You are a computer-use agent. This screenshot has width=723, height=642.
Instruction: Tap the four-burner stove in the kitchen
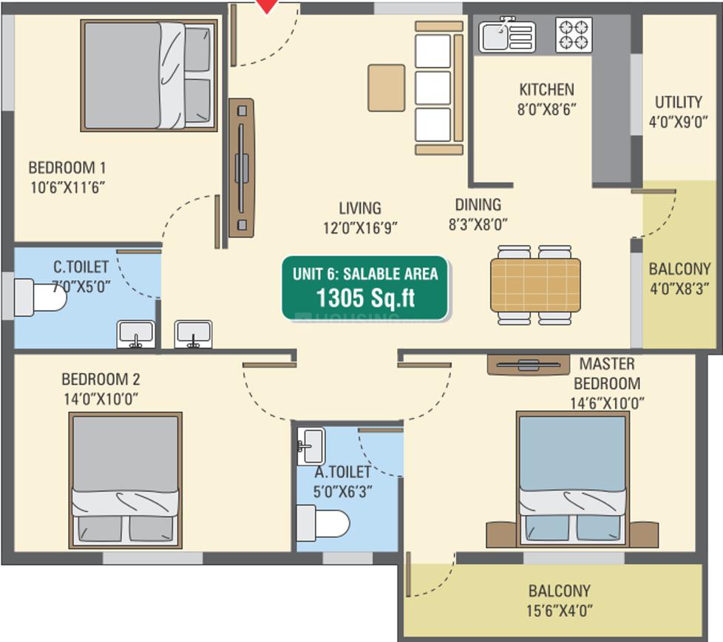pos(574,35)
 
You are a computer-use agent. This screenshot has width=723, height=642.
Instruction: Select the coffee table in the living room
pos(387,88)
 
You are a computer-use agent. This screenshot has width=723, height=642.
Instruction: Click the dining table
pos(535,285)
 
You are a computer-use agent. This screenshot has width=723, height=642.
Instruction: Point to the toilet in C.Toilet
pos(41,297)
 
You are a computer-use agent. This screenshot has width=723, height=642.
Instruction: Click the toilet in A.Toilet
pos(323,523)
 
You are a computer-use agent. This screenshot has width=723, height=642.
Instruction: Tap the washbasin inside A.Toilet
pos(310,445)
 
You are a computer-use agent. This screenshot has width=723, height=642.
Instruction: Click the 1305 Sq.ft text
pos(365,298)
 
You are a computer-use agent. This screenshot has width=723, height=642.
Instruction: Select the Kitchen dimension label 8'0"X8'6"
pos(546,109)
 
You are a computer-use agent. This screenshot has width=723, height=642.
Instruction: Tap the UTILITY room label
pos(678,102)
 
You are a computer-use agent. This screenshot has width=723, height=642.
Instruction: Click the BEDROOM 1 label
pos(67,167)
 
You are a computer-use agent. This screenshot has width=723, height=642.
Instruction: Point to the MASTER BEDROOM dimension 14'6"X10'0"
pos(607,403)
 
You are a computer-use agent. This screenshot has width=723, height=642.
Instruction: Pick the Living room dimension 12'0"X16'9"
pos(360,228)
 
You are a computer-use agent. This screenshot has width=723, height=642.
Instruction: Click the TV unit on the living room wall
pos(242,168)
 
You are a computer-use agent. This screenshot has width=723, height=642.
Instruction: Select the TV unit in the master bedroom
pos(529,364)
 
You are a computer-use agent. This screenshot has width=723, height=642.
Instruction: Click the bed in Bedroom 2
pos(126,480)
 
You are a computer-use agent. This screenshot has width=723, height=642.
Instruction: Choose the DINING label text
pos(478,205)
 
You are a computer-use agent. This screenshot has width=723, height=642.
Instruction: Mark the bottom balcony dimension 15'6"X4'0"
pos(560,611)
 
